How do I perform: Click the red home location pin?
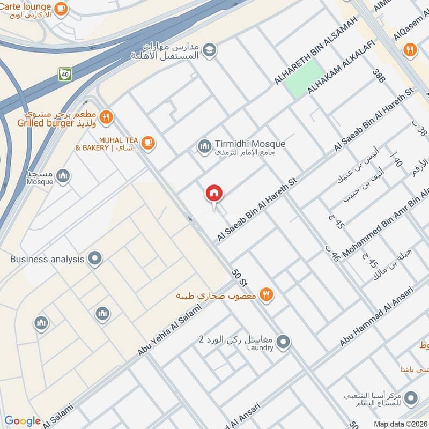tap(214, 193)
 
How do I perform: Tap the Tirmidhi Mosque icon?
tap(204, 145)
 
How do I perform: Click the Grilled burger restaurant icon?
tap(107, 117)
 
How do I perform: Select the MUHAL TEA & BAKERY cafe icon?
tap(149, 143)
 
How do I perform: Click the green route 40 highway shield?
tap(65, 74)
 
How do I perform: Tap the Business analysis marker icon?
tap(95, 259)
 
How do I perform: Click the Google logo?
tap(23, 421)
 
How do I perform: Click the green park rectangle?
tap(305, 79)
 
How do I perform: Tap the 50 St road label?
tap(239, 276)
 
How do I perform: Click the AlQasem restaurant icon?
tap(410, 50)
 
